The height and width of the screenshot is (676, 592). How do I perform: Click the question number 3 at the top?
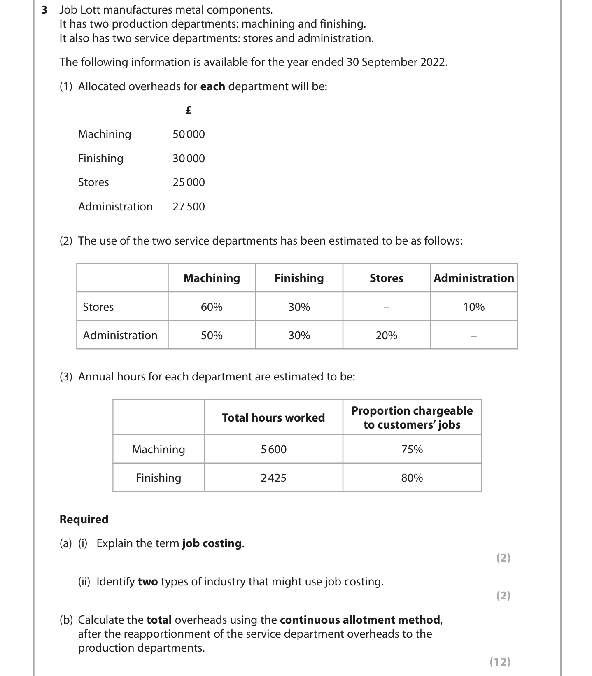point(44,9)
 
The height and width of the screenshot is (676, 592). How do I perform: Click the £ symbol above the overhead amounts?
point(189,110)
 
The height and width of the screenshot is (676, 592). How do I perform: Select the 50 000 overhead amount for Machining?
point(189,134)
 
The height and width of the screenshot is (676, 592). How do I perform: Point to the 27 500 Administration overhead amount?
point(189,207)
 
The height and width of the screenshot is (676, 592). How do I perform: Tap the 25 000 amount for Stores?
point(189,182)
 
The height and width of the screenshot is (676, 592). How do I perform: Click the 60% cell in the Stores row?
point(212,307)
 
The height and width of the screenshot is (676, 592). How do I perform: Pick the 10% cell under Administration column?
point(474,307)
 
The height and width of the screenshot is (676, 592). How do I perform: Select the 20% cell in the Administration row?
point(387,336)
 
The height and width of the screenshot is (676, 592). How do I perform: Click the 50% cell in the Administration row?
point(212,336)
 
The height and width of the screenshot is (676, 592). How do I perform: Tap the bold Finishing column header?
point(299,278)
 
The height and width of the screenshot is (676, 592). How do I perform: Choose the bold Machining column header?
point(212,278)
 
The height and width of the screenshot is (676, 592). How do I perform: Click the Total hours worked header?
point(273,418)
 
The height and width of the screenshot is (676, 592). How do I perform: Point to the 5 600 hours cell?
point(273,450)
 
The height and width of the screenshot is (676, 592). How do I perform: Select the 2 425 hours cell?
point(273,478)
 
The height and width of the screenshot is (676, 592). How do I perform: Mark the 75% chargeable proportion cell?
point(412,450)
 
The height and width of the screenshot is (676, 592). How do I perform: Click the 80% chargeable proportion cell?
point(412,478)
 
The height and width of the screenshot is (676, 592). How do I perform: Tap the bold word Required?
point(84,520)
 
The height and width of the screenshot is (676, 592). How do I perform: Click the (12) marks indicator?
point(500,662)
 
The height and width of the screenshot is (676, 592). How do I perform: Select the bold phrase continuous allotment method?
point(360,620)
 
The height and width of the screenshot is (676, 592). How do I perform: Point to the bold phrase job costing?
point(212,543)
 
